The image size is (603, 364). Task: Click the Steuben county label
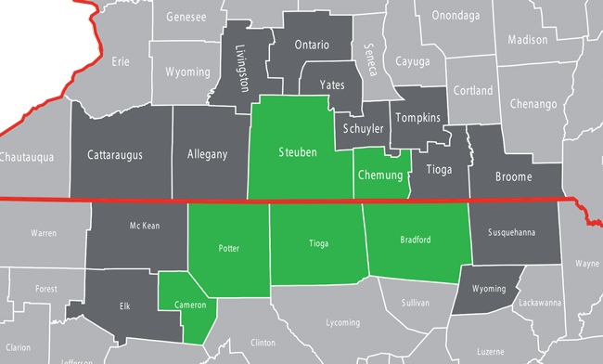coord(298,152)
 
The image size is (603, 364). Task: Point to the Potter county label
coord(228,249)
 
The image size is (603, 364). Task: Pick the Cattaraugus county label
coord(115,154)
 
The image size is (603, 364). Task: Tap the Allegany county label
coord(207,154)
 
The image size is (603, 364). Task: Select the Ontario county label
coord(312,45)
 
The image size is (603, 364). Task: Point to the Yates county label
coord(332,84)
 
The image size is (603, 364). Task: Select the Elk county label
coord(125,305)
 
